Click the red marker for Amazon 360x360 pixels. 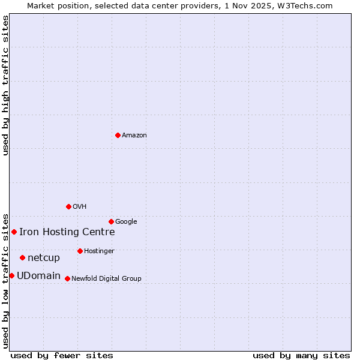(x=118, y=135)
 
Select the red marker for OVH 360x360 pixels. (x=68, y=206)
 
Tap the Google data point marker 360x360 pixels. (x=111, y=221)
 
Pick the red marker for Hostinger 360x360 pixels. (x=80, y=251)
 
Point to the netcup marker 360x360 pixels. (x=22, y=257)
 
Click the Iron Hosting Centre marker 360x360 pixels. (x=14, y=232)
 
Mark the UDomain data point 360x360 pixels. (x=11, y=275)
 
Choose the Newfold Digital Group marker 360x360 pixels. (x=67, y=278)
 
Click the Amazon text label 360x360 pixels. (x=134, y=136)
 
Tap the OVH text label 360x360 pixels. (x=80, y=207)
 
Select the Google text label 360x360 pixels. (x=126, y=222)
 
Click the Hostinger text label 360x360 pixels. (x=99, y=251)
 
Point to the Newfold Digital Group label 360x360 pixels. (x=106, y=279)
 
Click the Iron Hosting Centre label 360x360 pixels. (x=67, y=232)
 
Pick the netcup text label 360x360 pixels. (x=44, y=258)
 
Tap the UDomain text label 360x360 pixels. (x=38, y=276)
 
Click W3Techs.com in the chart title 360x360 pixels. (x=309, y=6)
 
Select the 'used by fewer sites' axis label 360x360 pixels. (x=62, y=355)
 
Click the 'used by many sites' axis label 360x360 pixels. (x=301, y=355)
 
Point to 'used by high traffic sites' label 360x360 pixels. (x=6, y=85)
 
